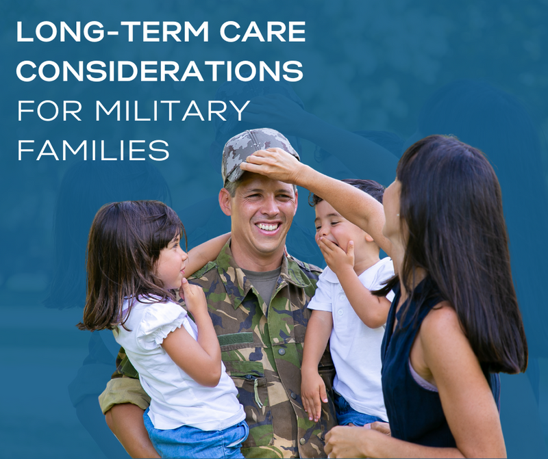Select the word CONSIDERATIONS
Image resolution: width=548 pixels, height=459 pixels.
tap(160, 71)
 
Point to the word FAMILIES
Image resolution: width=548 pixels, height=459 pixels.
tap(93, 149)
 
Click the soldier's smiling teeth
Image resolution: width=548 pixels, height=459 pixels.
tap(268, 226)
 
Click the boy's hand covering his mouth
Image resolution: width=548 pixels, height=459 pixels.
tap(336, 253)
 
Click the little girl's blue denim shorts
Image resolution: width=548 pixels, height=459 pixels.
tap(199, 438)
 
